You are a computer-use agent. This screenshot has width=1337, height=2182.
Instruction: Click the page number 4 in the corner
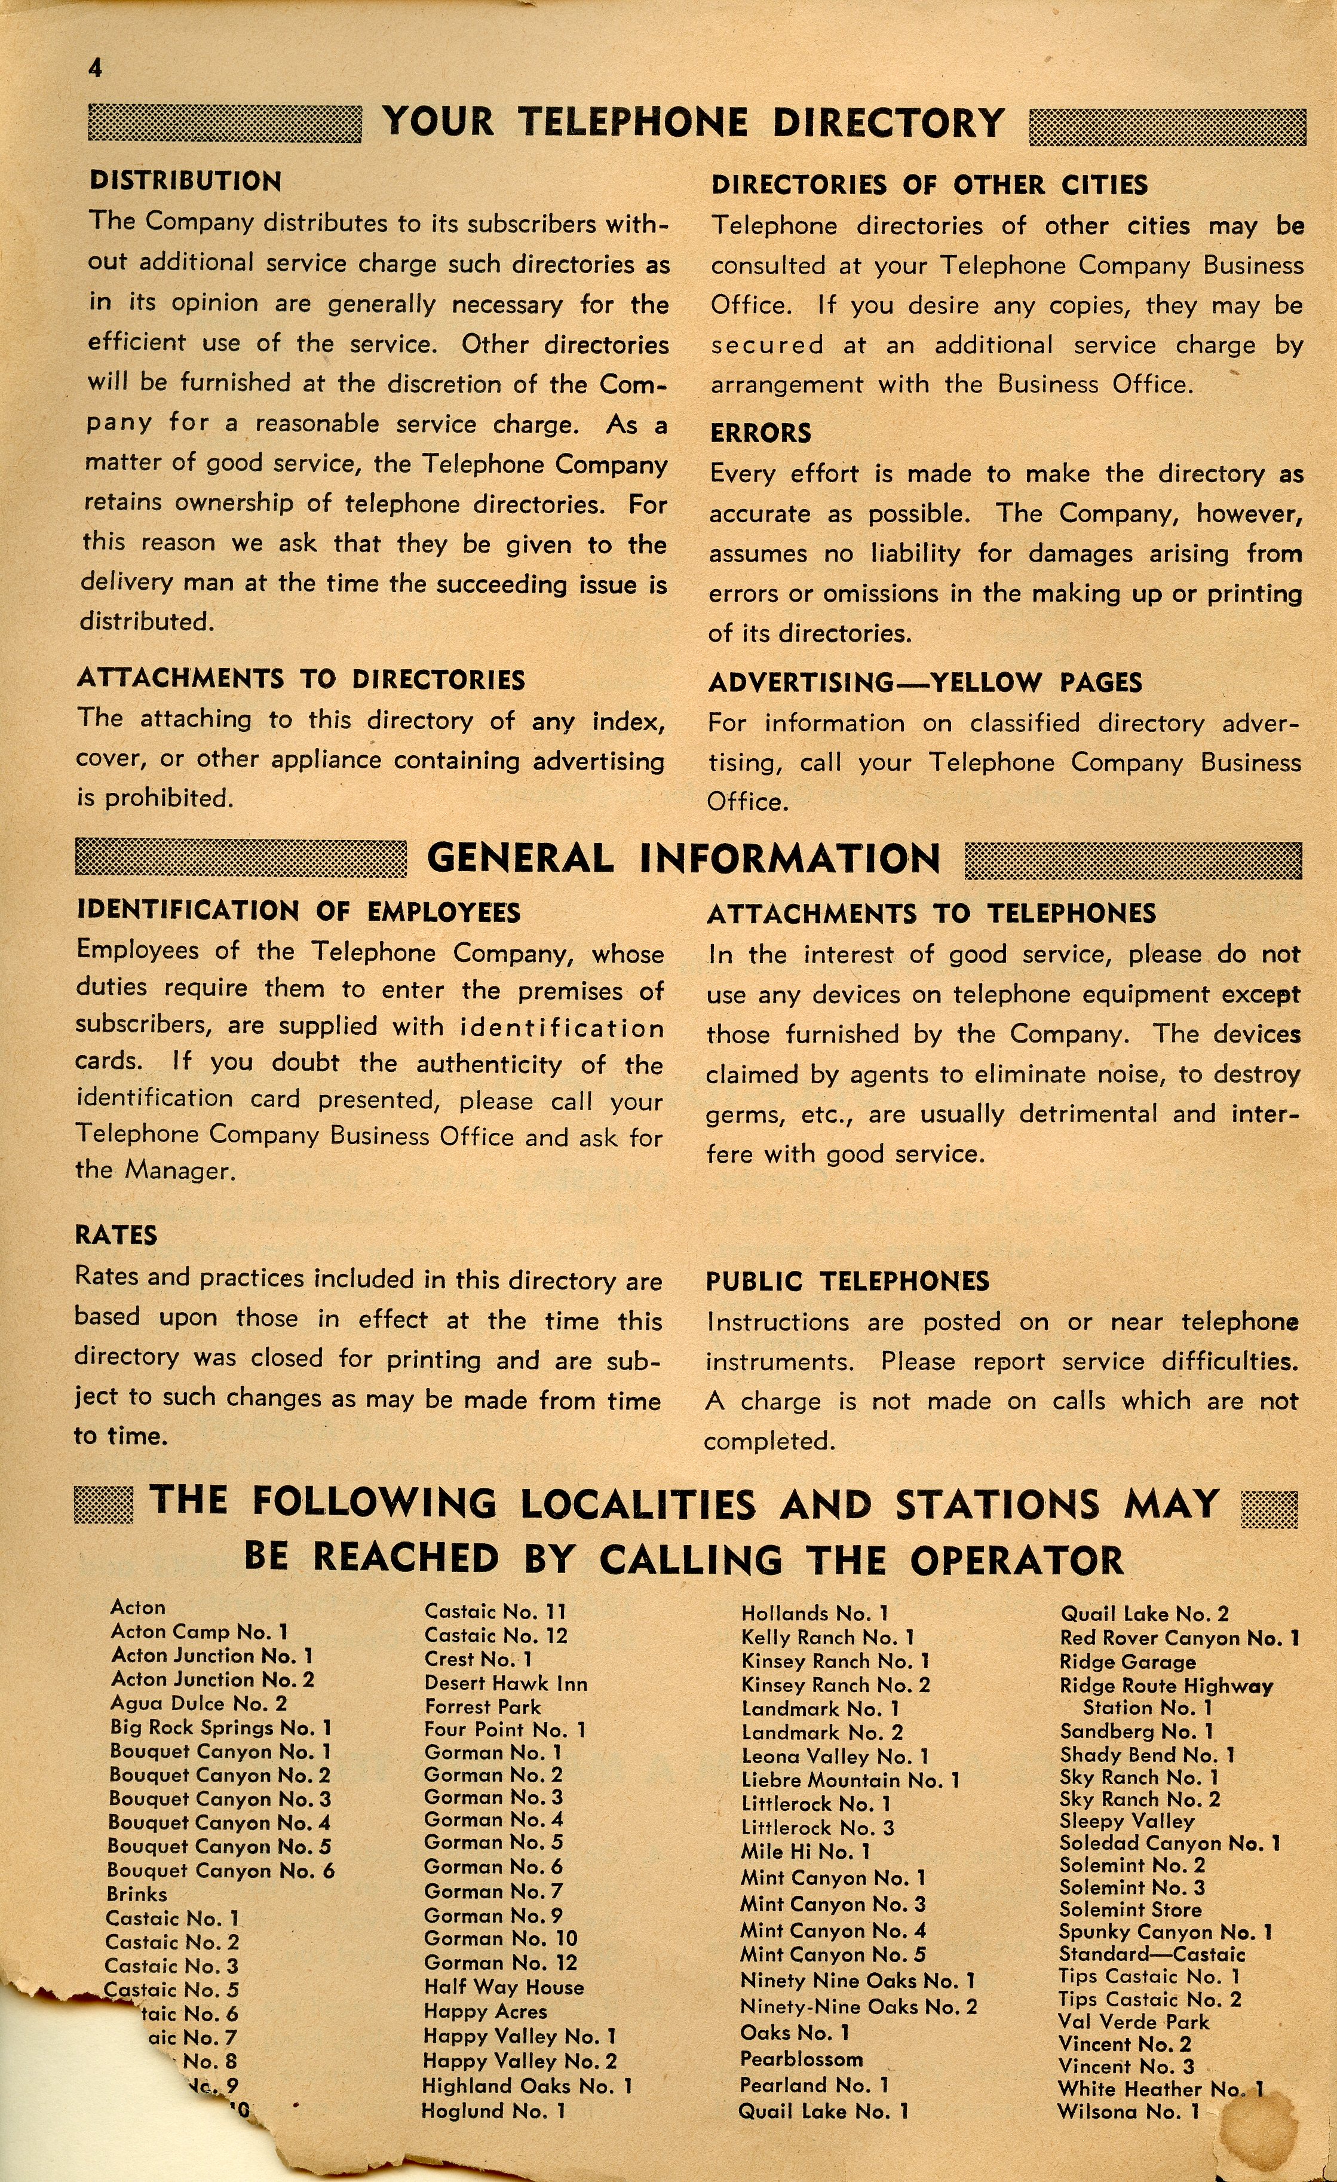click(95, 68)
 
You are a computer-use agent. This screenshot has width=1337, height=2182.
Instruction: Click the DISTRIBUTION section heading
click(185, 182)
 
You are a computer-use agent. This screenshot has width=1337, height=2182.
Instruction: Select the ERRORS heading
click(760, 433)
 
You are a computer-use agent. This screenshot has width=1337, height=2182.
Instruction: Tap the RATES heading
click(116, 1236)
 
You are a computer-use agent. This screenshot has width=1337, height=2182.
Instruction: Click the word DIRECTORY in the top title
click(888, 122)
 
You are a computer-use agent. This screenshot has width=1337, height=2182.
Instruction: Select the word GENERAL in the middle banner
click(520, 858)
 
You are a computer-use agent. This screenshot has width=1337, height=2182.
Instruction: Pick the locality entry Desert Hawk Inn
click(505, 1684)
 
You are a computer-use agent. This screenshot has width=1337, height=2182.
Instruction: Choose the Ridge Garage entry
click(1127, 1661)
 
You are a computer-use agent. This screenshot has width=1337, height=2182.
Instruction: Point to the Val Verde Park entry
click(1133, 2022)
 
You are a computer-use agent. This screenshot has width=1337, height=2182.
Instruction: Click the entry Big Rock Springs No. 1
click(220, 1727)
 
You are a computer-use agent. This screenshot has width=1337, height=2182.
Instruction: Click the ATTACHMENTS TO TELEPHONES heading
click(931, 913)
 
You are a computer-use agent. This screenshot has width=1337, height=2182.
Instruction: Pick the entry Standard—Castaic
click(1152, 1954)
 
